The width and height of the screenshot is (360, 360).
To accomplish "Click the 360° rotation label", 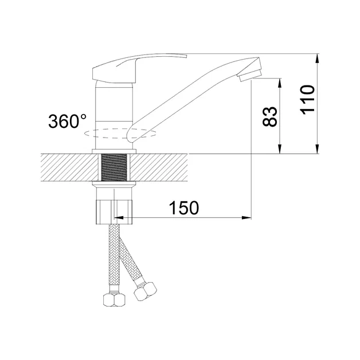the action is tap(67, 121).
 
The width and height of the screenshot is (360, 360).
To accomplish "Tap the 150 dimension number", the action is tap(184, 208).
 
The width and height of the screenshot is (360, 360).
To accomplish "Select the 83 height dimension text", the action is tap(270, 116).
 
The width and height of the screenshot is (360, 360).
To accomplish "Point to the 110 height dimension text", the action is tap(307, 100).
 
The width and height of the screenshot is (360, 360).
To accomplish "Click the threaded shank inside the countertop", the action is tap(114, 167).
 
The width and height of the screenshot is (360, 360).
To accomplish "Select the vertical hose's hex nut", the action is tap(114, 300).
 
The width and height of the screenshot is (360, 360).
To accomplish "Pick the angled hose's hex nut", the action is tap(145, 291).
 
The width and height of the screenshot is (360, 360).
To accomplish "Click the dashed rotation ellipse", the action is tap(120, 134).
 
